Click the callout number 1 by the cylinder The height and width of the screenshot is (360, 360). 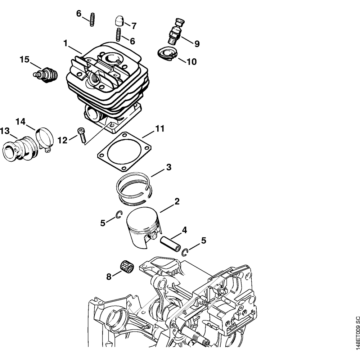pos(66,43)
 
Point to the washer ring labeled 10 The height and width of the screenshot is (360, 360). pos(167,53)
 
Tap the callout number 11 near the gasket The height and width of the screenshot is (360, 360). pos(159,129)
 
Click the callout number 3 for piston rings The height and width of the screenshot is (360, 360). pos(168,167)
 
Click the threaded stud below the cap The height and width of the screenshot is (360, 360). pos(118,35)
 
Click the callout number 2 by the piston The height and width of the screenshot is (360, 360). pos(177,202)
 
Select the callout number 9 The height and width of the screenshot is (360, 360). pos(197,44)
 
